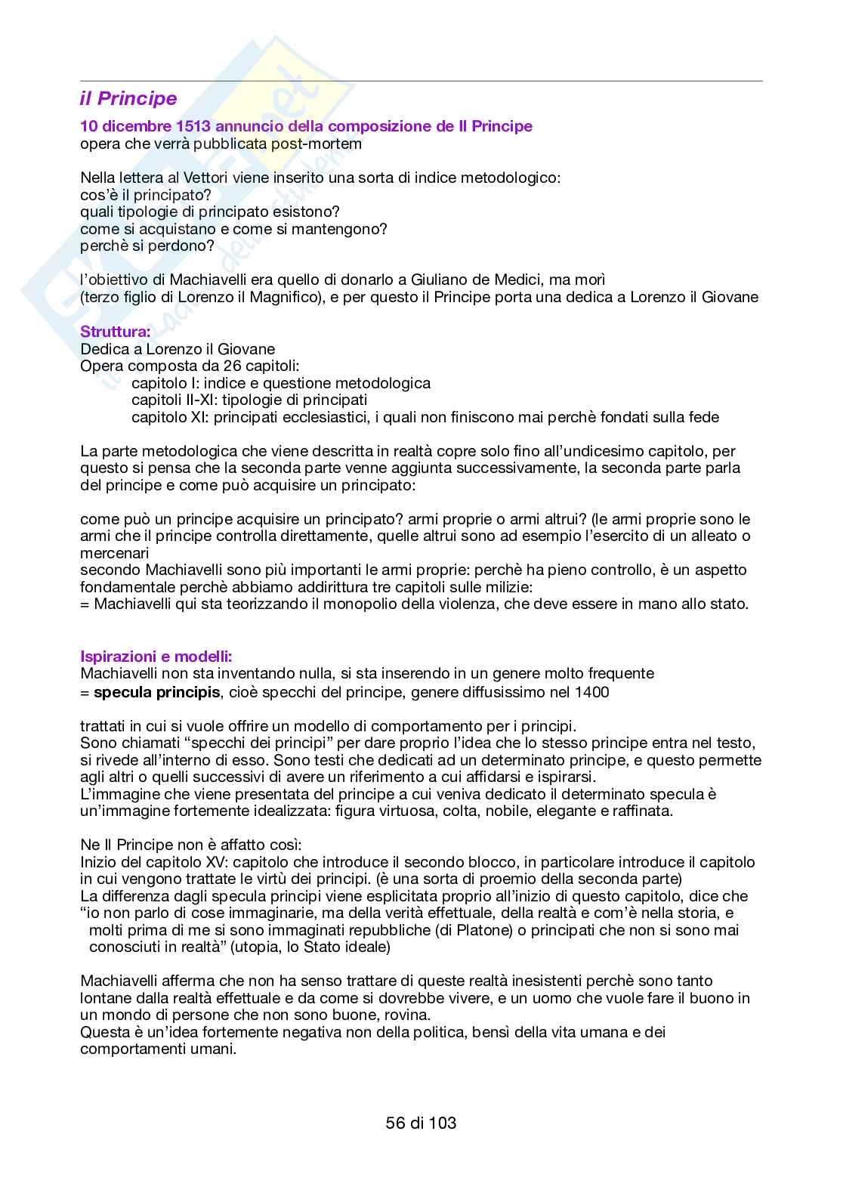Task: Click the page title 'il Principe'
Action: pyautogui.click(x=128, y=99)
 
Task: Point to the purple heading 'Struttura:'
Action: pyautogui.click(x=116, y=332)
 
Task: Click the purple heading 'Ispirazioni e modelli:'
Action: pyautogui.click(x=156, y=656)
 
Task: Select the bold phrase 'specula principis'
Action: pyautogui.click(x=156, y=692)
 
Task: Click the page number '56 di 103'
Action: pyautogui.click(x=421, y=1123)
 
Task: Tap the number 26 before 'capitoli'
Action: pyautogui.click(x=233, y=366)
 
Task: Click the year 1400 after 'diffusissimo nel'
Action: pyautogui.click(x=592, y=692)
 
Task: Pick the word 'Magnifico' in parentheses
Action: pyautogui.click(x=279, y=297)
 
